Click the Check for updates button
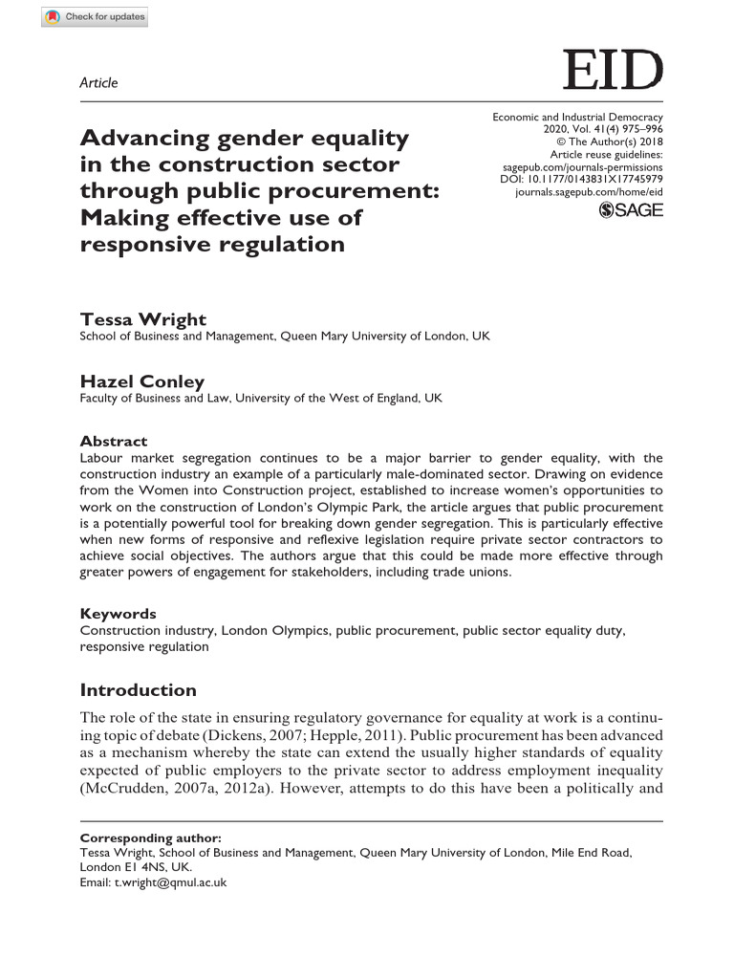[95, 17]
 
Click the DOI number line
[581, 179]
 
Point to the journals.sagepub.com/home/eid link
[588, 191]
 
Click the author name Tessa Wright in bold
[142, 319]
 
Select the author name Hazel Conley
[141, 381]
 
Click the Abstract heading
[113, 441]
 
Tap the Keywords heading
[118, 614]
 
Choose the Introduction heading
[138, 690]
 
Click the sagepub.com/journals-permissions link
[582, 166]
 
